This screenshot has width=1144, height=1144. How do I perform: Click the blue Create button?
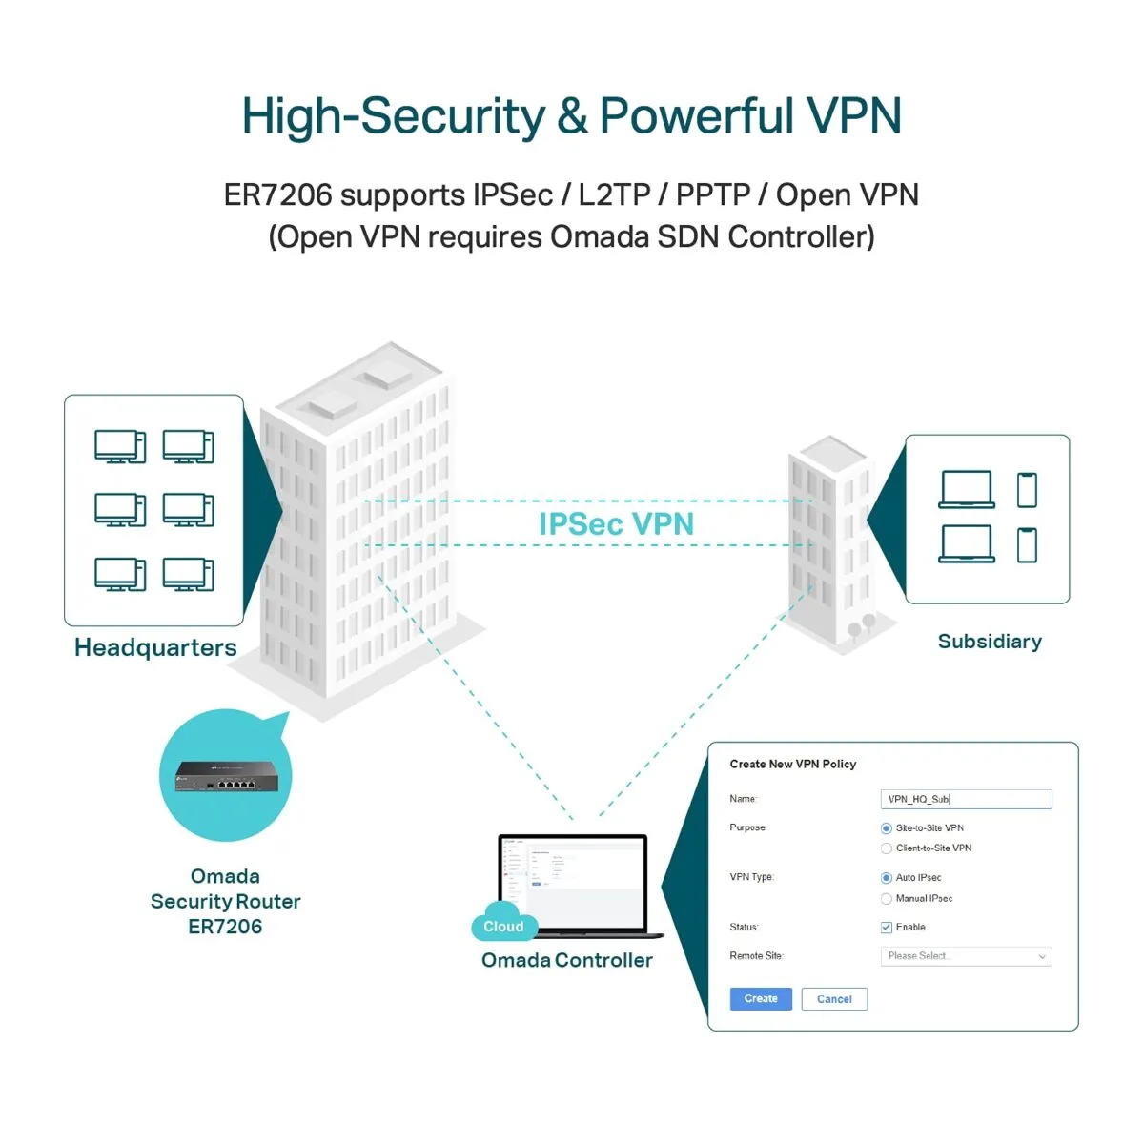(x=761, y=998)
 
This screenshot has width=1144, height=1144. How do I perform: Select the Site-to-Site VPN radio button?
(x=887, y=828)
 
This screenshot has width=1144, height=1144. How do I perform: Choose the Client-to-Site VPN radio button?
(x=887, y=848)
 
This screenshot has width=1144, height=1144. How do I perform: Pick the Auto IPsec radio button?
(x=887, y=878)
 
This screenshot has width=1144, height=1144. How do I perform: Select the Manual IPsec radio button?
(x=887, y=899)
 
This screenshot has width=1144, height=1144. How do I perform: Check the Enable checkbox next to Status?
(x=887, y=928)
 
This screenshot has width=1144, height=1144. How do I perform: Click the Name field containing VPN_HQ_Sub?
(x=965, y=799)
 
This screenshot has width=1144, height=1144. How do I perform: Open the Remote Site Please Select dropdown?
(x=965, y=956)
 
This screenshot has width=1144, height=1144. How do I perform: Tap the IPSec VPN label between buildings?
(x=616, y=524)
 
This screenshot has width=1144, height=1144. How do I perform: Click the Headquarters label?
(x=155, y=648)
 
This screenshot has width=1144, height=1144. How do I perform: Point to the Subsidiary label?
(x=990, y=642)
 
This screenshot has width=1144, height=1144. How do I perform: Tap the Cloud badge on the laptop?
(x=503, y=927)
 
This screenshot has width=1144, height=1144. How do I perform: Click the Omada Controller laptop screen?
(x=573, y=877)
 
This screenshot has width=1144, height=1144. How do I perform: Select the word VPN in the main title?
(x=853, y=116)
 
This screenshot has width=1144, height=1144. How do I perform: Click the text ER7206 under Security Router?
(x=225, y=927)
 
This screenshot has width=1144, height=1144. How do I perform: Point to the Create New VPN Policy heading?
(x=792, y=765)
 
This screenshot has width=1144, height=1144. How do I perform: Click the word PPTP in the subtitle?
(x=713, y=194)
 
